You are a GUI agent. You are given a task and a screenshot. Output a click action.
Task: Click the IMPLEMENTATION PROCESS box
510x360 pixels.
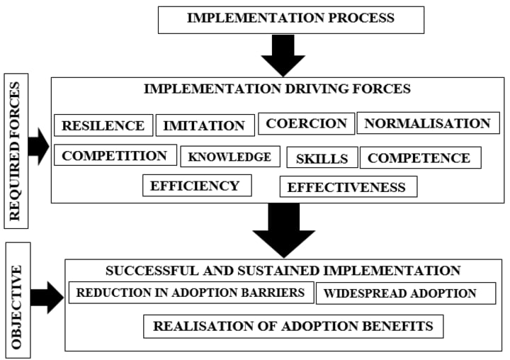[x=290, y=19]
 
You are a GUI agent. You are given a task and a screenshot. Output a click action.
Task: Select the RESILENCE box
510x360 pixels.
[x=103, y=125]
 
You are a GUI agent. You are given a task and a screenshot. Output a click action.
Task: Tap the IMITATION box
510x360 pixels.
[x=205, y=126]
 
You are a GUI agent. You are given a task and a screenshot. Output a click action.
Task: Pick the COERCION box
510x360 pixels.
[x=306, y=123]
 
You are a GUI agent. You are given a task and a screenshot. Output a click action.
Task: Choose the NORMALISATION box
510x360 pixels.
[x=427, y=123]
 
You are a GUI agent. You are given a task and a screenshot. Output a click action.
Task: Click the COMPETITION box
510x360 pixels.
[x=115, y=156]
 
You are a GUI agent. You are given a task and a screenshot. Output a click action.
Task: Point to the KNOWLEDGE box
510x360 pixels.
[x=229, y=157]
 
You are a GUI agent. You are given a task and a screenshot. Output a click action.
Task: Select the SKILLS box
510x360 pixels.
[x=322, y=158]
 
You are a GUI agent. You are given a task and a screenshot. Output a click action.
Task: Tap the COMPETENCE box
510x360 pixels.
[x=419, y=158]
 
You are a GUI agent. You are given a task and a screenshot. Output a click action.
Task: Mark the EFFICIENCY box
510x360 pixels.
[x=195, y=186]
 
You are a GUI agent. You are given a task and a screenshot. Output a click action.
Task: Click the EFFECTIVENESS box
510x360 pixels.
[x=347, y=187]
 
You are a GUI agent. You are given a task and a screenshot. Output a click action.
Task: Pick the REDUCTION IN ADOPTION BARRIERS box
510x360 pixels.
[x=191, y=292]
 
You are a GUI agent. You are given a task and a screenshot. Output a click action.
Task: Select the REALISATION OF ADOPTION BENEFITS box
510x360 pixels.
[x=293, y=327]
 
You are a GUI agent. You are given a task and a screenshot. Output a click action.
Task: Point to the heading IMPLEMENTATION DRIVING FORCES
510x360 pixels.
[x=277, y=89]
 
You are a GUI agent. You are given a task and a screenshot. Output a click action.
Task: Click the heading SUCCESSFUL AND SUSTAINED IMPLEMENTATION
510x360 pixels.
[x=283, y=271]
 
